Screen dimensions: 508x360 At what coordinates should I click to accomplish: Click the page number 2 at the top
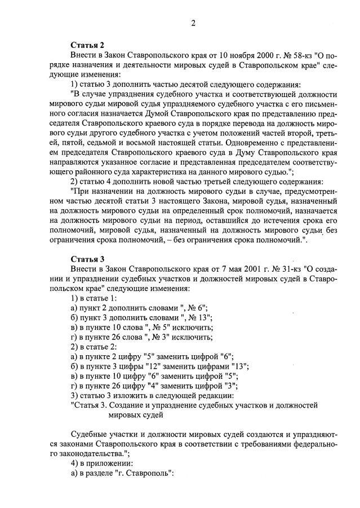click(x=193, y=23)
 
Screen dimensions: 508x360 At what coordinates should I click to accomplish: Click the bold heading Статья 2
click(x=87, y=45)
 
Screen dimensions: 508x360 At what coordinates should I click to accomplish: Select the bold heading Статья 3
click(x=87, y=259)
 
